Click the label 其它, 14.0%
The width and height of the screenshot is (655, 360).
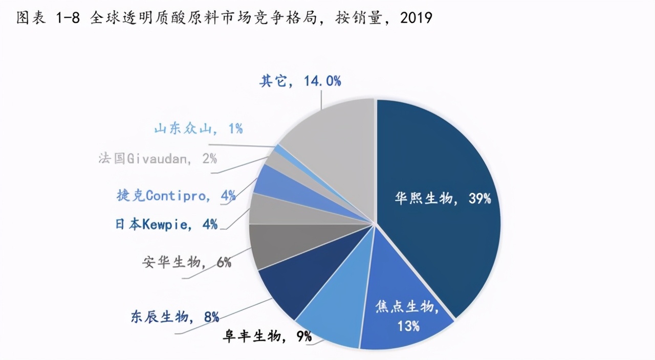300,81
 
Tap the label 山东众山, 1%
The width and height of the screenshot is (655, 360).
198,128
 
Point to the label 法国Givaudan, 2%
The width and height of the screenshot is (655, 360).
158,157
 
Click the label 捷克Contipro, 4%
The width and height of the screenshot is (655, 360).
176,195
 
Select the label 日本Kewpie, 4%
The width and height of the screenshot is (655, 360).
166,224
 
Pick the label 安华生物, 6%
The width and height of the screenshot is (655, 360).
187,262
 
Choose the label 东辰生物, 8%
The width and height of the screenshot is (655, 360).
174,317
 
